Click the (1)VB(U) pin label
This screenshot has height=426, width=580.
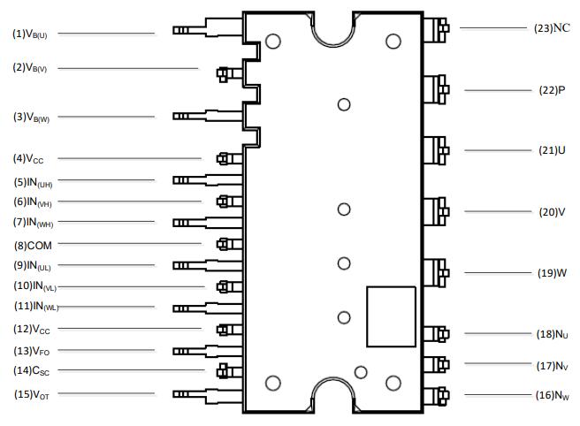[30, 34]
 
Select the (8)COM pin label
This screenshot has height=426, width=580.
[33, 245]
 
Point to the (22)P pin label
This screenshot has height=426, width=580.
[552, 90]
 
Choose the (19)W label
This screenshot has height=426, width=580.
[552, 273]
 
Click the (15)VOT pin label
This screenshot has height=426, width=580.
[31, 394]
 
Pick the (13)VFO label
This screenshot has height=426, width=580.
[31, 351]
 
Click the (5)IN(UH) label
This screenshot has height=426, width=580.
[33, 182]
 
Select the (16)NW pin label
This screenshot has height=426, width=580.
[553, 396]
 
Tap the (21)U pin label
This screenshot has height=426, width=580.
[552, 150]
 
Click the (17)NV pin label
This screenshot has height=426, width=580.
[553, 364]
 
